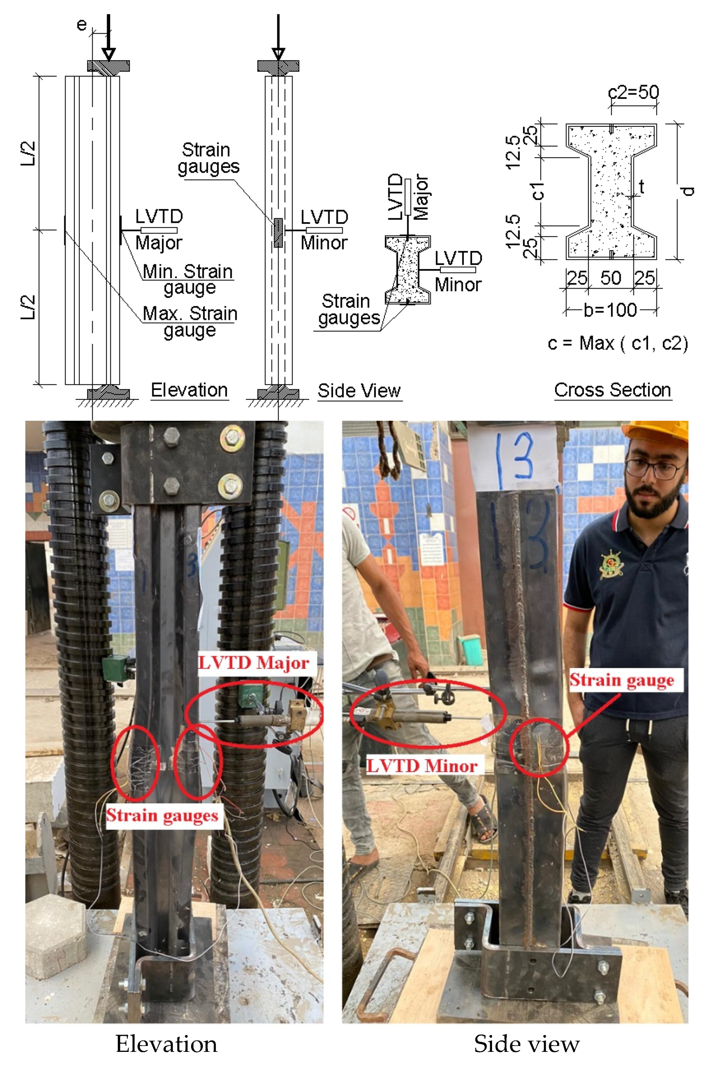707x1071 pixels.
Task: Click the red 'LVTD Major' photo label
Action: [254, 662]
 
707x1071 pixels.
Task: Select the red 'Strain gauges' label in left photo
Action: [162, 815]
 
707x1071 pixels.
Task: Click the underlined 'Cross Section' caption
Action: [612, 390]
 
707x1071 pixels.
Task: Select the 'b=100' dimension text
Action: [610, 310]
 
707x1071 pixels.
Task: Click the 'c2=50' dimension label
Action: [633, 92]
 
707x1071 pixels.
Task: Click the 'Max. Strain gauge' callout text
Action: [190, 321]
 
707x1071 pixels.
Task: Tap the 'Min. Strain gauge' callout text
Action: [188, 280]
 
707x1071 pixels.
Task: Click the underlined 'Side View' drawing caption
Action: [359, 391]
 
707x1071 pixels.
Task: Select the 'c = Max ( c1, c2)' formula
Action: [618, 344]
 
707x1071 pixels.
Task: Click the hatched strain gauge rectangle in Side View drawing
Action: [278, 232]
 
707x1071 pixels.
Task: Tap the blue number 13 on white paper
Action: [515, 456]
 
